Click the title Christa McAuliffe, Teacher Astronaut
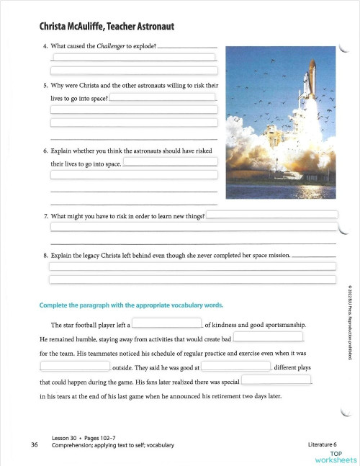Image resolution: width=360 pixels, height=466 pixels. [x=108, y=27]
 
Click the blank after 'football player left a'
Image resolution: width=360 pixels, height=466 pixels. [x=166, y=323]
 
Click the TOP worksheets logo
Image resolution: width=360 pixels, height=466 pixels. [x=336, y=457]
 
